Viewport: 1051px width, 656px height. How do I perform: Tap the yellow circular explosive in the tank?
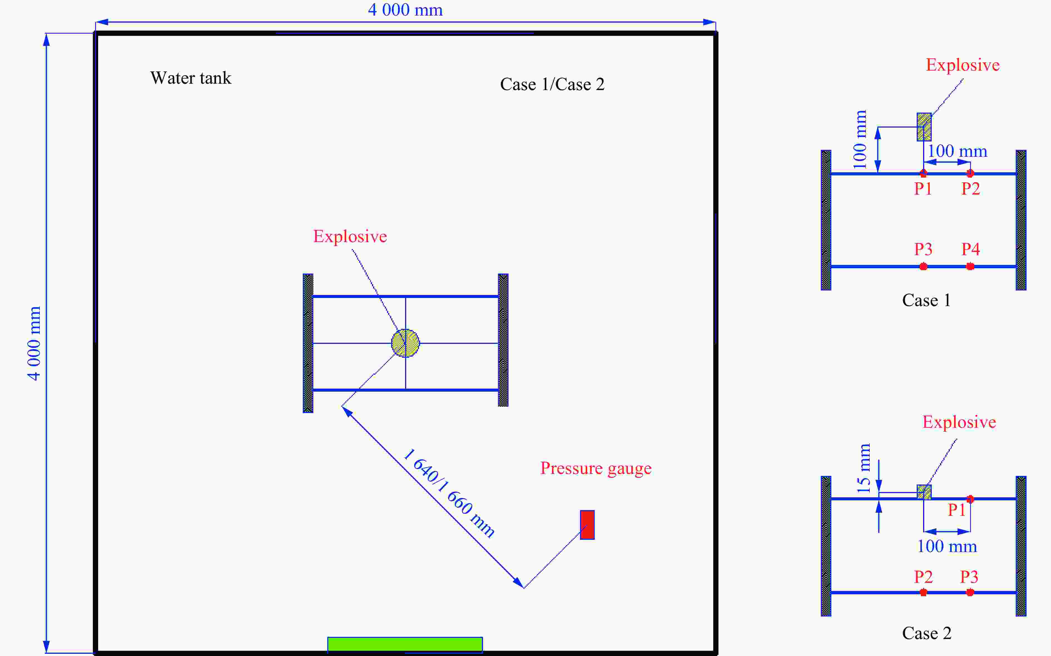click(x=405, y=343)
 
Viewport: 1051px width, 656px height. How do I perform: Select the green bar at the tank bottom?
click(x=405, y=644)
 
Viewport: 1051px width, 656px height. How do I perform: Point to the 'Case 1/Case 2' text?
click(x=552, y=84)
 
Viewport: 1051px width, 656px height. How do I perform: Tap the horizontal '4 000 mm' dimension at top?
click(x=405, y=9)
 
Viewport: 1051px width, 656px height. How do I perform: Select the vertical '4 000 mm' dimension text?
click(x=34, y=343)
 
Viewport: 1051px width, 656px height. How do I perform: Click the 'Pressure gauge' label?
click(x=595, y=468)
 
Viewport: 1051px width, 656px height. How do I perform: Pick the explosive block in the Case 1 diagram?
click(x=924, y=127)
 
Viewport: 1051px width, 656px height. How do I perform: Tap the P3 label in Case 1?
click(x=923, y=249)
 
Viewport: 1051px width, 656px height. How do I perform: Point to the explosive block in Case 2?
click(x=924, y=492)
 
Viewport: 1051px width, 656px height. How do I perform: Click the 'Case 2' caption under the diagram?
click(x=926, y=633)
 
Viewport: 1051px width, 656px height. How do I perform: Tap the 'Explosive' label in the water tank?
click(x=350, y=237)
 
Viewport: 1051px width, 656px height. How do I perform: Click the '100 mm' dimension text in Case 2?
click(x=947, y=546)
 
